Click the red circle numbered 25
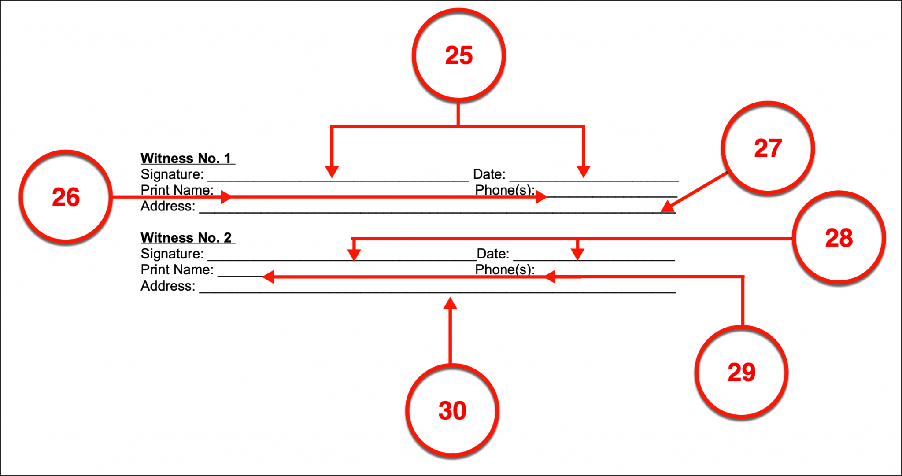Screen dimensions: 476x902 pyautogui.click(x=458, y=55)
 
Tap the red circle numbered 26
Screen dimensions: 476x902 pyautogui.click(x=66, y=197)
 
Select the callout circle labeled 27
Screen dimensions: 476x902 pyautogui.click(x=768, y=148)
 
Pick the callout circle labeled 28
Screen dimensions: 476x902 pyautogui.click(x=839, y=238)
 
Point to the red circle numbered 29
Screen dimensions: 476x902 pyautogui.click(x=741, y=372)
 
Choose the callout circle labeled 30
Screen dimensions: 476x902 pyautogui.click(x=452, y=410)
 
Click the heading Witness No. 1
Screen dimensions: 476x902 pyautogui.click(x=186, y=158)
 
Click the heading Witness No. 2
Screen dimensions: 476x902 pyautogui.click(x=186, y=238)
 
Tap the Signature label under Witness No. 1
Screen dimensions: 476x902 pyautogui.click(x=172, y=174)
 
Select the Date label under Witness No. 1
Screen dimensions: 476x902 pyautogui.click(x=489, y=174)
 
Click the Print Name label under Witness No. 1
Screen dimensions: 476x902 pyautogui.click(x=177, y=190)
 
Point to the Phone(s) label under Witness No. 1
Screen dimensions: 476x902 pyautogui.click(x=505, y=190)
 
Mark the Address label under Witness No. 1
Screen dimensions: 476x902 pyautogui.click(x=168, y=206)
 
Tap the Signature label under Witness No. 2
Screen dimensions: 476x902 pyautogui.click(x=172, y=254)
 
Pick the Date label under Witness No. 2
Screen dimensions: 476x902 pyautogui.click(x=493, y=254)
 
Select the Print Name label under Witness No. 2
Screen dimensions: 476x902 pyautogui.click(x=177, y=269)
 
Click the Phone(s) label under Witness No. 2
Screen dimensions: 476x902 pyautogui.click(x=505, y=269)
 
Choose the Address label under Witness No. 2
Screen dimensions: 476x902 pyautogui.click(x=168, y=286)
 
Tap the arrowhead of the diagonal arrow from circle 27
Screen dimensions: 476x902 pyautogui.click(x=667, y=207)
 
